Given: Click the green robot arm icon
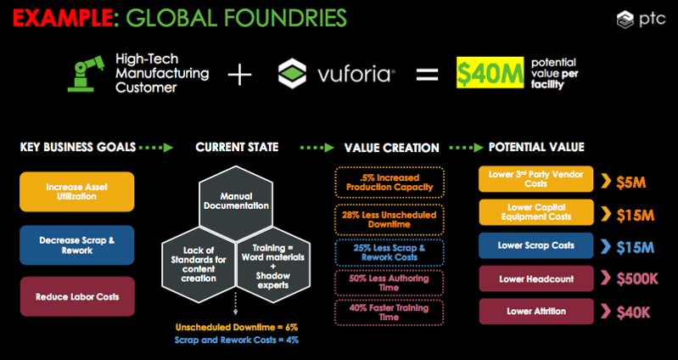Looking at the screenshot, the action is pos(86,74).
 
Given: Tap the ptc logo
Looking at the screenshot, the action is pos(641,20).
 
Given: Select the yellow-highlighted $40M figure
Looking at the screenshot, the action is pos(490,73).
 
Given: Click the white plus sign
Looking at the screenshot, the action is pos(239,74).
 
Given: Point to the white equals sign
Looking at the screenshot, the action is pos(427,75).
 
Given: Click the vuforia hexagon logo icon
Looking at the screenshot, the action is pos(292,74).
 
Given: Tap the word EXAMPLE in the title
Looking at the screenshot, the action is pos(63,18).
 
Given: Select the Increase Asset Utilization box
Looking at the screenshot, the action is pos(77,192).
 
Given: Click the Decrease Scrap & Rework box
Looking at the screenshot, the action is pos(77,245).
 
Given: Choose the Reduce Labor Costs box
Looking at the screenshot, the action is pos(77,297).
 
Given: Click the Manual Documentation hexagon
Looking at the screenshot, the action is pos(236,201).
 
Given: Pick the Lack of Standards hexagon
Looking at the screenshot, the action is pos(199,264).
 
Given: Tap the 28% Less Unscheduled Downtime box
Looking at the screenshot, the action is pos(389,219).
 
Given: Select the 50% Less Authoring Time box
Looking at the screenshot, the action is pos(389,283).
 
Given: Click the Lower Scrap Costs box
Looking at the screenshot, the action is pos(536,245).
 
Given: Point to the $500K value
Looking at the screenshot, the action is pos(637,279).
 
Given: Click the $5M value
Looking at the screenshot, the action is pos(631,183).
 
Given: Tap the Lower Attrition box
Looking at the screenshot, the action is pos(536,311).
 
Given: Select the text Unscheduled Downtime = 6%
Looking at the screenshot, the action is pos(237,327).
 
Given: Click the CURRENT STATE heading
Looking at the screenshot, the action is pos(237,147).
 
